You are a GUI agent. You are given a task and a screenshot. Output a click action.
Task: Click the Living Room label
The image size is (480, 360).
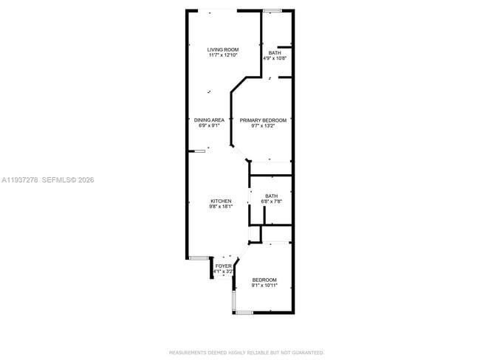pos(222,49)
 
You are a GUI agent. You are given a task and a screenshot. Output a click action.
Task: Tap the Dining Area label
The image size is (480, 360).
pos(209,120)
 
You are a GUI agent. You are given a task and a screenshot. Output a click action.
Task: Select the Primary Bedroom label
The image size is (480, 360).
pos(263,120)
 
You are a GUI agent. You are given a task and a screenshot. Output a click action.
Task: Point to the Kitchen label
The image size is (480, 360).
pos(221,201)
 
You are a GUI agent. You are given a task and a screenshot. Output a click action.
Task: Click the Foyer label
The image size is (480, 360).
pos(223,266)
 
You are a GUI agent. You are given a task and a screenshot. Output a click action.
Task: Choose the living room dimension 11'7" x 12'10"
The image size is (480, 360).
pos(222,55)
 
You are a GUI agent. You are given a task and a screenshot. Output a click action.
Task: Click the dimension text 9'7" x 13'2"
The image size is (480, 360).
pos(263,125)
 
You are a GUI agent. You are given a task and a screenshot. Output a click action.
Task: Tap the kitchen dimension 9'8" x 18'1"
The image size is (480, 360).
pos(221,207)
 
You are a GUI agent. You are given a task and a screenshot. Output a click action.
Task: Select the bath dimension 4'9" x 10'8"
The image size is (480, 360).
pos(274,58)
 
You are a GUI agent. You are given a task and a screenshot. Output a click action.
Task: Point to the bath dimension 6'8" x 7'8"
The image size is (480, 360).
pos(272,201)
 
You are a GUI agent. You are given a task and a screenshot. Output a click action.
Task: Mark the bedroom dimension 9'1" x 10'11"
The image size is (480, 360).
pos(264,285)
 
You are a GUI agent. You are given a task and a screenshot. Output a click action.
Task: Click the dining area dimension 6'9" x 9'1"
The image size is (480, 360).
pos(209,125)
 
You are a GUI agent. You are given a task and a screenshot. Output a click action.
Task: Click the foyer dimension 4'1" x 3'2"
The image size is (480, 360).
pos(223,271)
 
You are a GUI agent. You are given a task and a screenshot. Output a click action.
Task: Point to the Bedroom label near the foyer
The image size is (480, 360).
pos(264,280)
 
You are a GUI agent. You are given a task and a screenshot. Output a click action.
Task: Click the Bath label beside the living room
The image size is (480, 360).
pos(274,52)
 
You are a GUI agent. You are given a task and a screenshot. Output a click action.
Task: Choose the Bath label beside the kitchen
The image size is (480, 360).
pos(272,195)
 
